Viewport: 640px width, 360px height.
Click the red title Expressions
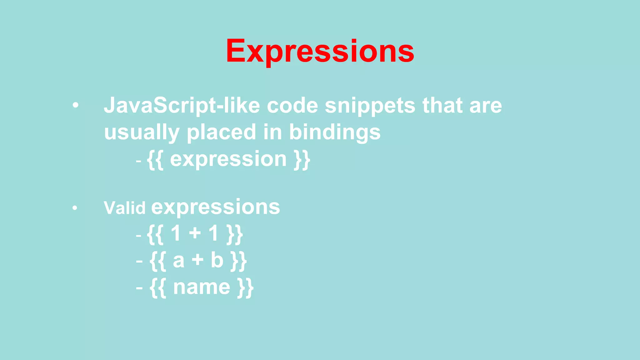(x=320, y=51)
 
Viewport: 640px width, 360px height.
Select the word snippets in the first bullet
(x=370, y=106)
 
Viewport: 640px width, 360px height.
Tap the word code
(x=292, y=106)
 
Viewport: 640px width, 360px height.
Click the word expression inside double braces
(x=228, y=159)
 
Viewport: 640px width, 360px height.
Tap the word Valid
(x=124, y=208)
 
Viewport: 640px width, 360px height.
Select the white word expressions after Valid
(x=216, y=207)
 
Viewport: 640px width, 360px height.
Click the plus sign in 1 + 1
(x=195, y=233)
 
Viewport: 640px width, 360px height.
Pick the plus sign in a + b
(x=197, y=260)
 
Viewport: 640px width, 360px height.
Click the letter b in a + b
(x=217, y=260)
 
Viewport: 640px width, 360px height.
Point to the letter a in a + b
(x=178, y=261)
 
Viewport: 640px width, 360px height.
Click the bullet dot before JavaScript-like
(x=75, y=106)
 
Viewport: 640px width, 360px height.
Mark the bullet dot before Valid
(x=74, y=208)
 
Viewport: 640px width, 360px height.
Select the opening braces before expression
(x=155, y=160)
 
